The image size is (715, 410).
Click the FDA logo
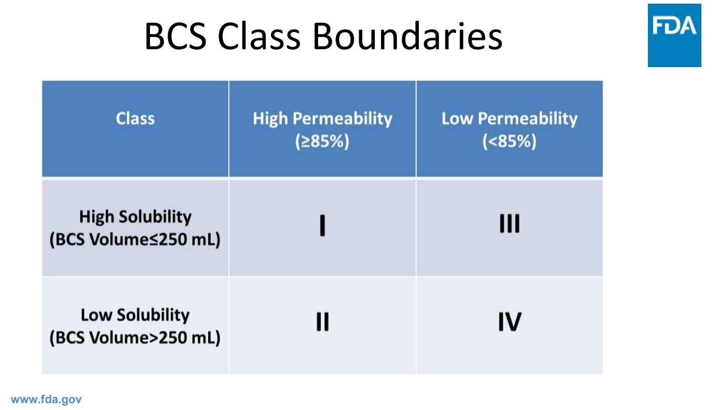click(674, 35)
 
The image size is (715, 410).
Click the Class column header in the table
click(135, 118)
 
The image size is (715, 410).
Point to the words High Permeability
click(322, 119)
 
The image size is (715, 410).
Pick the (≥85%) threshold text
click(322, 141)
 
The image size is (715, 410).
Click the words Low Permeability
click(510, 119)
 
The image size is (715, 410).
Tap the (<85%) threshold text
click(510, 141)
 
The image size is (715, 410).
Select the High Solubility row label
click(135, 217)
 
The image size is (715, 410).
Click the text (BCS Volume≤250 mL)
click(135, 240)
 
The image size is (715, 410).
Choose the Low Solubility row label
click(135, 315)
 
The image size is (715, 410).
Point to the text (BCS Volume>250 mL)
click(135, 338)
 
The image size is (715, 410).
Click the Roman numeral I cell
click(322, 225)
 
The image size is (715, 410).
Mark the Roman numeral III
click(510, 223)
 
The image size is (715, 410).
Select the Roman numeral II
click(322, 321)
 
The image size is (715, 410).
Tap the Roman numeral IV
click(510, 321)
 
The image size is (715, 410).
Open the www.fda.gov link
click(46, 400)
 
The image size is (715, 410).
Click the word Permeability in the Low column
click(528, 119)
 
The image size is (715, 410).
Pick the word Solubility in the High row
click(155, 217)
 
